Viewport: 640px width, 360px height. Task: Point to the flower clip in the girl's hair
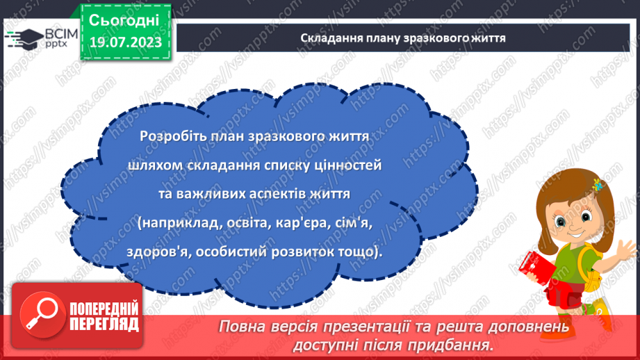point(596,186)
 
